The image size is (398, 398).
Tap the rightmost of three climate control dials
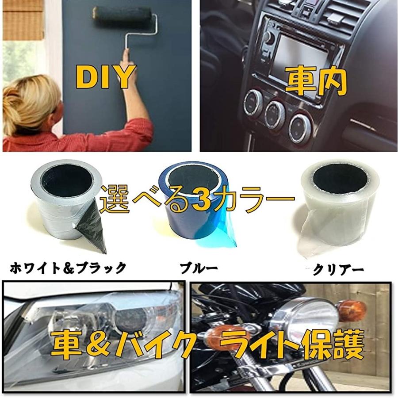tap(301, 129)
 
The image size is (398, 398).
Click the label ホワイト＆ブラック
tap(68, 268)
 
